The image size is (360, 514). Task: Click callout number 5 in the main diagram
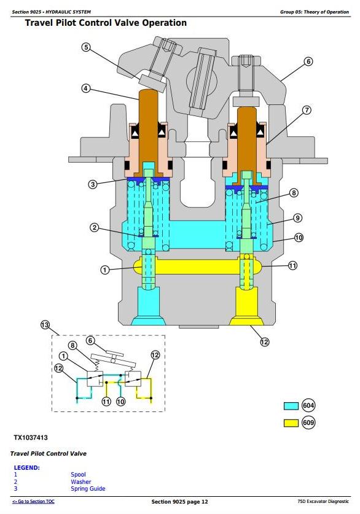tap(86, 47)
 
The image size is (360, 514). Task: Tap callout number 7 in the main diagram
tap(307, 110)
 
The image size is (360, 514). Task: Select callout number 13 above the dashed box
tap(45, 325)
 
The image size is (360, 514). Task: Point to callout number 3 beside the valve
tap(93, 184)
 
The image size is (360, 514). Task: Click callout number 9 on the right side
tap(297, 217)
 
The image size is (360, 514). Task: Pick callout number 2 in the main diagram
tap(95, 227)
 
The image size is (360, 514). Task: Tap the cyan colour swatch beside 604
tap(291, 406)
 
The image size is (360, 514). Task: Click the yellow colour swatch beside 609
tap(291, 423)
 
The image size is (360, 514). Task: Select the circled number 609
tap(308, 422)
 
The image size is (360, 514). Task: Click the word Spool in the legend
tap(78, 474)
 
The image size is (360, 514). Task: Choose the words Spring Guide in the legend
tap(88, 488)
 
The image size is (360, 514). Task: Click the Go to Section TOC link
tap(33, 501)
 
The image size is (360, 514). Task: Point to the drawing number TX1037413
tap(31, 438)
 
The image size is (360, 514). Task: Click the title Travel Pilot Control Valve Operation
tap(106, 23)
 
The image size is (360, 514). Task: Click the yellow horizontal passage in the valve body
tap(197, 266)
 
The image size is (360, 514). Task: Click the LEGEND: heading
tap(26, 467)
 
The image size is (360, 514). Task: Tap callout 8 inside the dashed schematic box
tap(72, 346)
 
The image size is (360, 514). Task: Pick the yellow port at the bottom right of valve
tap(246, 306)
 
